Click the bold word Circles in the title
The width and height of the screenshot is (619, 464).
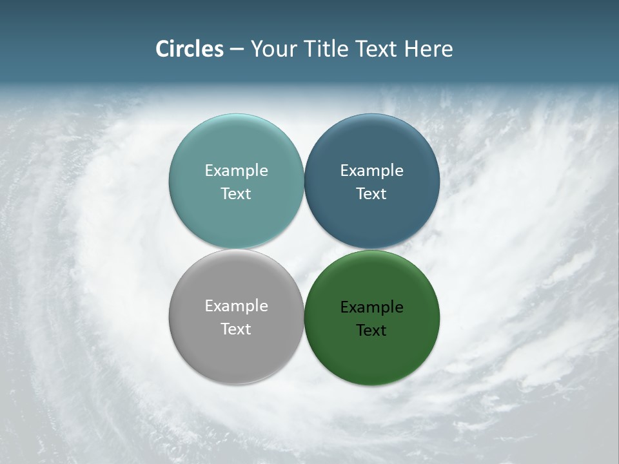[189, 49]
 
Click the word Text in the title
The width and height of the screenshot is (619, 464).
[373, 49]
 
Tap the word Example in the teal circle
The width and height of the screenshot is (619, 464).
[236, 171]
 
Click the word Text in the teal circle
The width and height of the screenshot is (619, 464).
[236, 194]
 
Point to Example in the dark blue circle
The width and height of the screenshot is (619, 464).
[371, 171]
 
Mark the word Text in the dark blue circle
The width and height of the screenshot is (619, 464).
[371, 194]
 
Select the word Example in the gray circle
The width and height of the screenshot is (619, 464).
[236, 306]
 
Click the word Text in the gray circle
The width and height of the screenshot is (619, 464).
[236, 329]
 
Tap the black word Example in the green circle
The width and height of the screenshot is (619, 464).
[371, 307]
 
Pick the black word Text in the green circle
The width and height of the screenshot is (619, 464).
[371, 331]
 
